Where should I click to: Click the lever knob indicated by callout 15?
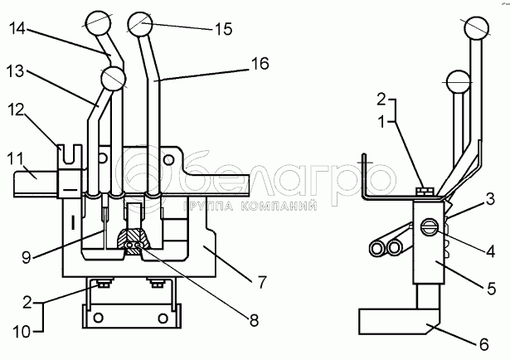point(138,23)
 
